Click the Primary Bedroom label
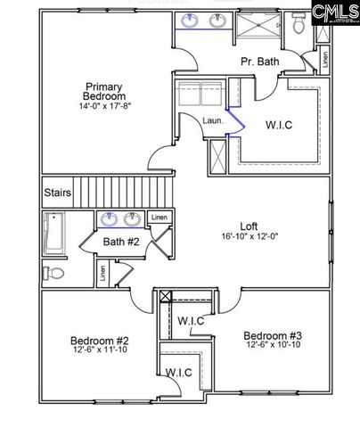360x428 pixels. [x=103, y=92]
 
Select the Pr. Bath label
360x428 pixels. [x=260, y=62]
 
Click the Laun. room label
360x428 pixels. [x=212, y=120]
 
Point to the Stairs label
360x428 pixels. [x=57, y=192]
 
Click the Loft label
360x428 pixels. [x=250, y=226]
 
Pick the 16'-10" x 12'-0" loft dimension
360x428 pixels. [x=250, y=237]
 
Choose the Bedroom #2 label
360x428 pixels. [x=101, y=340]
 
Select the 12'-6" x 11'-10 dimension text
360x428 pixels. [x=101, y=351]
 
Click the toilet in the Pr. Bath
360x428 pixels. [x=299, y=26]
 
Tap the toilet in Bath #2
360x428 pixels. [x=55, y=273]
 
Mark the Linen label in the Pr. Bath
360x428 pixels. [x=323, y=63]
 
